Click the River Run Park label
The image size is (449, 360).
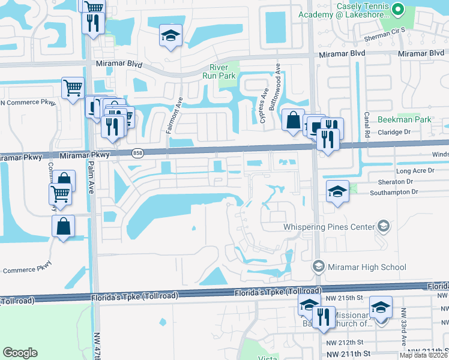click(x=222, y=71)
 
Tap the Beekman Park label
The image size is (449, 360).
click(x=405, y=119)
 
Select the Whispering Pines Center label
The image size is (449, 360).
click(x=329, y=227)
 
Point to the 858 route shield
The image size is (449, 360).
click(x=137, y=154)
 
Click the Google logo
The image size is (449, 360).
click(x=20, y=352)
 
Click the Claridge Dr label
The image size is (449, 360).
click(x=394, y=131)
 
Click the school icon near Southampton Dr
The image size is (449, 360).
click(x=337, y=192)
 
